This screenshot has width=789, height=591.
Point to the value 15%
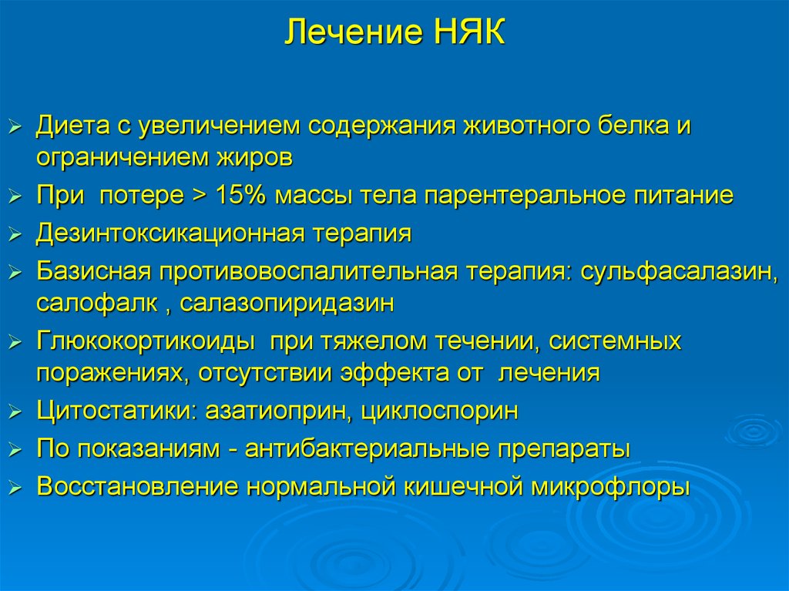[240, 195]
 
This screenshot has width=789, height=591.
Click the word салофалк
[96, 304]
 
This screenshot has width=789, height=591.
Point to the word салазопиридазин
[287, 304]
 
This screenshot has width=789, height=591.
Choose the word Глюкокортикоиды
[146, 342]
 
